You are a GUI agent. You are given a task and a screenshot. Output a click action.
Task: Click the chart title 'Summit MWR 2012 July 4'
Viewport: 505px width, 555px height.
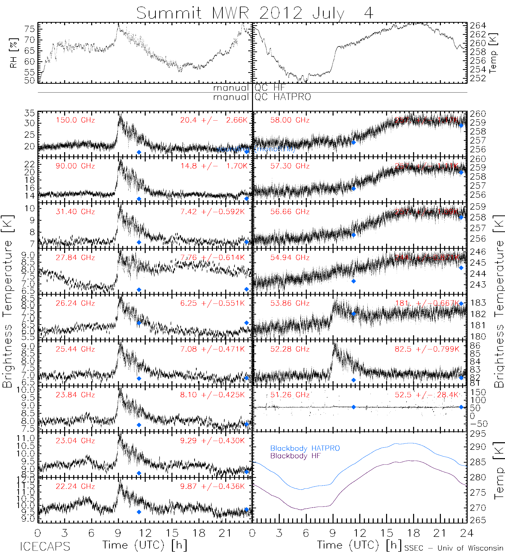pyautogui.click(x=255, y=13)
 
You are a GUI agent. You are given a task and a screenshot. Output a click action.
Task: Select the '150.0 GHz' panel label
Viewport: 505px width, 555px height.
pyautogui.click(x=75, y=120)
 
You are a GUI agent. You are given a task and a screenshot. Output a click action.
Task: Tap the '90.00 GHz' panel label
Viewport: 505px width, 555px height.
pyautogui.click(x=75, y=166)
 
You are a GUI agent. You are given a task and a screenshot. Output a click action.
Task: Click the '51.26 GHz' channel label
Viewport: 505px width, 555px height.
pyautogui.click(x=290, y=395)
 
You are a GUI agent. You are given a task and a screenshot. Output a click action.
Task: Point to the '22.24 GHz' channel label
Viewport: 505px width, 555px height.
pyautogui.click(x=75, y=486)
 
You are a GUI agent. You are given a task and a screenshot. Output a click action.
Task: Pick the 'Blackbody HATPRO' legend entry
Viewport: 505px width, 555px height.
pyautogui.click(x=305, y=449)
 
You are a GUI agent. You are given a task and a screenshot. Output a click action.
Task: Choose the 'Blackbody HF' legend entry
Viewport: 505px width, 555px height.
pyautogui.click(x=295, y=456)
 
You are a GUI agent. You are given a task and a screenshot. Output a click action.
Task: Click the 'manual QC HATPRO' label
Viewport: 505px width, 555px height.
pyautogui.click(x=262, y=97)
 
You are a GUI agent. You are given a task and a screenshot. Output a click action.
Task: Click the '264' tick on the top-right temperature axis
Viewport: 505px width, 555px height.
pyautogui.click(x=478, y=25)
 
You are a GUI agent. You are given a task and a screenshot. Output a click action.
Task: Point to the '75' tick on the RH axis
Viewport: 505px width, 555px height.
pyautogui.click(x=30, y=29)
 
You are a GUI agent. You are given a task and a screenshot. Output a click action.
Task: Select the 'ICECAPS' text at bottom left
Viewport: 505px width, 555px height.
pyautogui.click(x=45, y=546)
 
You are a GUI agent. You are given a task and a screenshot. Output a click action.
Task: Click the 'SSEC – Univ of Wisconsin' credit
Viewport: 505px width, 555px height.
pyautogui.click(x=454, y=548)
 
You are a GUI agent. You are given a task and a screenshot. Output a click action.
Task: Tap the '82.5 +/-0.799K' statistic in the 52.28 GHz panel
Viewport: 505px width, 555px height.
pyautogui.click(x=427, y=349)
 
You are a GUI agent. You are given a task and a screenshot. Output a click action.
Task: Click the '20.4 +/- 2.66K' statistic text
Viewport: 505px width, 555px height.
pyautogui.click(x=214, y=120)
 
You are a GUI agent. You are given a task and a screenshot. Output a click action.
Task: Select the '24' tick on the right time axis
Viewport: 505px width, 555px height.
pyautogui.click(x=466, y=534)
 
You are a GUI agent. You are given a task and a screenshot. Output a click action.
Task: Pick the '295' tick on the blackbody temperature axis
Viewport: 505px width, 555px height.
pyautogui.click(x=478, y=434)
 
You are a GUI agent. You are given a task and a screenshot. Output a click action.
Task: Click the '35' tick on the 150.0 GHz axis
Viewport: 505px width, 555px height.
pyautogui.click(x=30, y=113)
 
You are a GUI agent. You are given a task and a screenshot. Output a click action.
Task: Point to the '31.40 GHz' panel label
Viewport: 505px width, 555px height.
pyautogui.click(x=75, y=212)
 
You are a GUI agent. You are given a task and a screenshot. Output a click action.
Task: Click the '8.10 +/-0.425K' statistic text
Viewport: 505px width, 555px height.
pyautogui.click(x=212, y=395)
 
